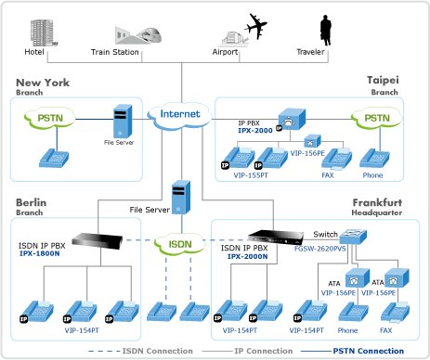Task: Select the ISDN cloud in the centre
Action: (180, 244)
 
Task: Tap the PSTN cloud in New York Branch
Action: (50, 118)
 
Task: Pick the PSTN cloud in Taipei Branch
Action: (377, 118)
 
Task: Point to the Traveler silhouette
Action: (325, 30)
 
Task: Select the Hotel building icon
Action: (44, 32)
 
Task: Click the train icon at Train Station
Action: (150, 34)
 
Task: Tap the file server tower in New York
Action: (123, 122)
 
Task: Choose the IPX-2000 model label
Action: (255, 131)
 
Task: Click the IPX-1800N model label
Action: (39, 253)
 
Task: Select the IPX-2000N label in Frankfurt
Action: (247, 256)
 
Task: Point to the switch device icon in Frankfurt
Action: (353, 237)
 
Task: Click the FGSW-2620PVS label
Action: (320, 249)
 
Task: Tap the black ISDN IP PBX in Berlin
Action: (97, 240)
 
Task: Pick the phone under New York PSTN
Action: (54, 158)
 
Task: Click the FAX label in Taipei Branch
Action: (328, 175)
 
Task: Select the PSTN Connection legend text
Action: (369, 351)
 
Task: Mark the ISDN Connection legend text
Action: (157, 351)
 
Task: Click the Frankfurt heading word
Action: (377, 202)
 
